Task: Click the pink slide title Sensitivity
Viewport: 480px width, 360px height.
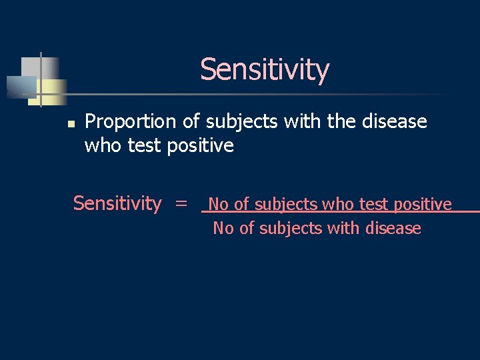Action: coord(264,69)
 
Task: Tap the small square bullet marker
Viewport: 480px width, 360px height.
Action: coord(69,123)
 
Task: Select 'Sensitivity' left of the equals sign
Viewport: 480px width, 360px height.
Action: coord(117,203)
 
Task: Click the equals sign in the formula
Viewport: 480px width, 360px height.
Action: coord(181,203)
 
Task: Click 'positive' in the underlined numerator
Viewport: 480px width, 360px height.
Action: coord(423,204)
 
